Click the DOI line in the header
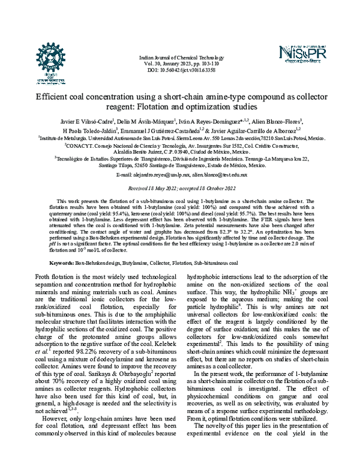[x=179, y=70]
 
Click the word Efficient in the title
[x=57, y=96]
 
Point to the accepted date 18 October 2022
[x=215, y=187]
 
